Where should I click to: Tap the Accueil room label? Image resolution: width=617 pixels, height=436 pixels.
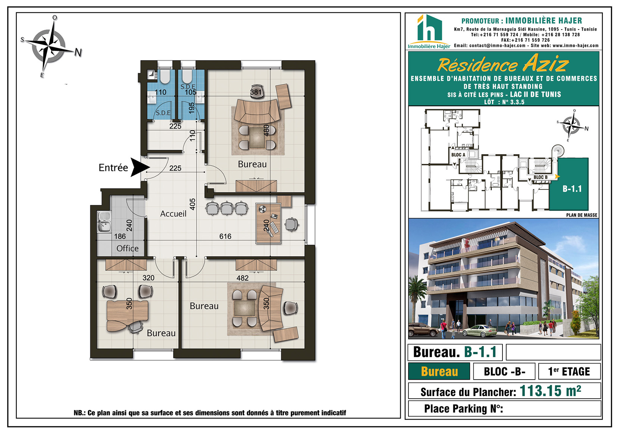pyautogui.click(x=173, y=214)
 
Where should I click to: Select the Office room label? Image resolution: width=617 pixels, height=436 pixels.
pyautogui.click(x=127, y=248)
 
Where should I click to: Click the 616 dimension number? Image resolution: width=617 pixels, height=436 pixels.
pyautogui.click(x=225, y=236)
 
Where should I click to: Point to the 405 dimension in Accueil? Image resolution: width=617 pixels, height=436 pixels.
pyautogui.click(x=192, y=204)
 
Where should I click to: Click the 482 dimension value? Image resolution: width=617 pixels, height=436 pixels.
pyautogui.click(x=242, y=278)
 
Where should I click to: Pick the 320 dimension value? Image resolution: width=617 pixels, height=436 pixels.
pyautogui.click(x=148, y=278)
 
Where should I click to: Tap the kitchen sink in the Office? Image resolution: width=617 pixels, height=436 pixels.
pyautogui.click(x=104, y=222)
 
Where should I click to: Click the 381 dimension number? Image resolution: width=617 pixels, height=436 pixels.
pyautogui.click(x=256, y=92)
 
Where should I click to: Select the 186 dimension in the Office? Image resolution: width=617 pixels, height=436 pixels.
pyautogui.click(x=120, y=236)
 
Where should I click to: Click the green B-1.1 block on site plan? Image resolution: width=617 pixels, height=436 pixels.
pyautogui.click(x=569, y=184)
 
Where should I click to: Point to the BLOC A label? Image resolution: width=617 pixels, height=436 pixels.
pyautogui.click(x=458, y=155)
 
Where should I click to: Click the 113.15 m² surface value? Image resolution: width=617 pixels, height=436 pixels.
pyautogui.click(x=550, y=391)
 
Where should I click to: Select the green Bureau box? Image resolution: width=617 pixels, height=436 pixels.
pyautogui.click(x=439, y=371)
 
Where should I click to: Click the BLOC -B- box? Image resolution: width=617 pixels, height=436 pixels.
pyautogui.click(x=504, y=371)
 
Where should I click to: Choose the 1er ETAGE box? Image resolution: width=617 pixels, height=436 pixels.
pyautogui.click(x=569, y=371)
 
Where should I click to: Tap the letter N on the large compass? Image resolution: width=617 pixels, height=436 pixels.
pyautogui.click(x=78, y=52)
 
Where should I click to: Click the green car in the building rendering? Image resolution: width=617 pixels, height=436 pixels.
pyautogui.click(x=480, y=331)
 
